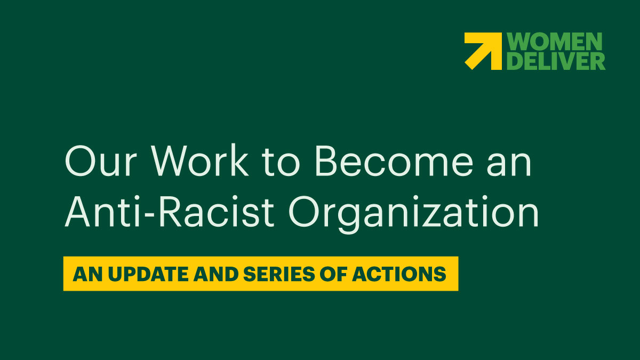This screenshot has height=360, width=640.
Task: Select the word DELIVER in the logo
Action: [555, 61]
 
